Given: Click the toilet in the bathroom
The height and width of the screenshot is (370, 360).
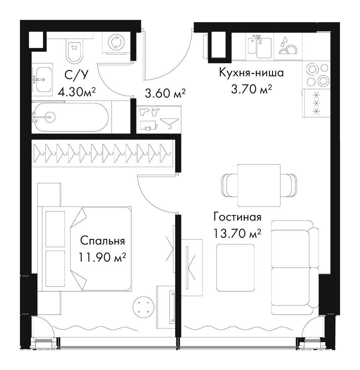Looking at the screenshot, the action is pos(74,51).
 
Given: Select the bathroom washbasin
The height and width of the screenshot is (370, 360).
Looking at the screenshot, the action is pos(43,80).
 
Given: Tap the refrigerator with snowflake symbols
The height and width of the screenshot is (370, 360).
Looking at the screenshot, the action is pos(316,103).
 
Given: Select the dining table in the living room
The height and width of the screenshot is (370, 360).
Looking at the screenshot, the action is pos(259,185).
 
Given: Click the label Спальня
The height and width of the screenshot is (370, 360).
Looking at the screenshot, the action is pos(102,241).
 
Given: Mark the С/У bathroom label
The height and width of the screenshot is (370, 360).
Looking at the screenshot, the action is pos(76,75).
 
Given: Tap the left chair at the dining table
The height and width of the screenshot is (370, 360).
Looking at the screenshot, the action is pos(229,185).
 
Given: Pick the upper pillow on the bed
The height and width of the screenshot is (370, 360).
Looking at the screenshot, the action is pos(55,229).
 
